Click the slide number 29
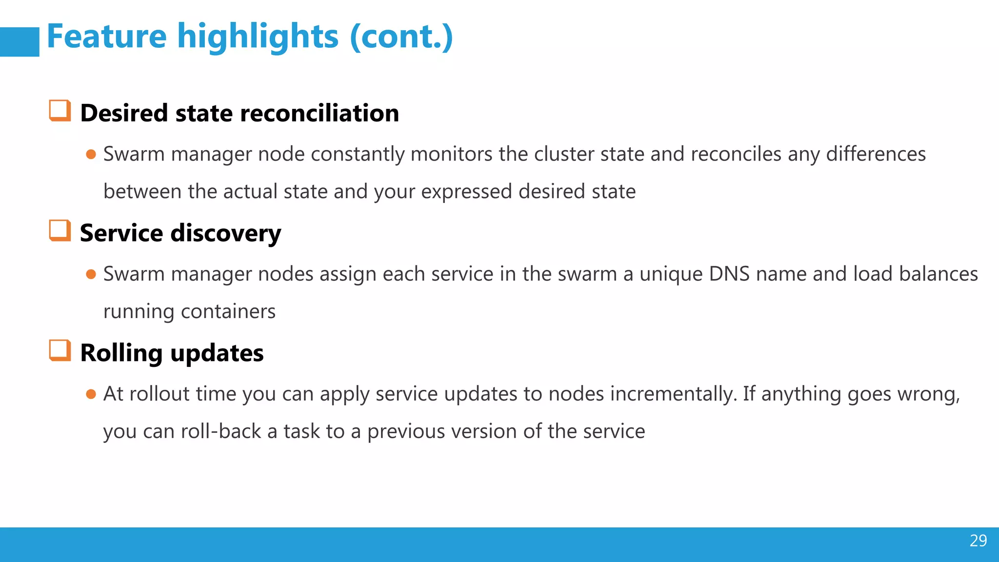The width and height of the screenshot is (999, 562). tap(978, 541)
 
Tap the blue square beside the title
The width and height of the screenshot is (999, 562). tap(20, 42)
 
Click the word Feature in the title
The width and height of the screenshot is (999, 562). tap(107, 37)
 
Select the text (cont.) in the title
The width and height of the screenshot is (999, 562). tap(401, 37)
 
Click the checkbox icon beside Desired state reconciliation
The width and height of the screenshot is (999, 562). tap(60, 111)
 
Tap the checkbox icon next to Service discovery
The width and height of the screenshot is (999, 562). tap(60, 231)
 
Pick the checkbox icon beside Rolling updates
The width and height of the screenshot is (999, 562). tap(60, 351)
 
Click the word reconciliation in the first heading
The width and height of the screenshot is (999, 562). tap(320, 113)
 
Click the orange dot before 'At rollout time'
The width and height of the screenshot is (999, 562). tap(91, 394)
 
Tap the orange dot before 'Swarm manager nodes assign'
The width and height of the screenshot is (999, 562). tap(91, 274)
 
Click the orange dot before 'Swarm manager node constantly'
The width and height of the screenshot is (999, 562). tap(91, 155)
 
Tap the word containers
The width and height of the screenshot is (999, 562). tap(228, 312)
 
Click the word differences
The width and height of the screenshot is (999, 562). tap(876, 154)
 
